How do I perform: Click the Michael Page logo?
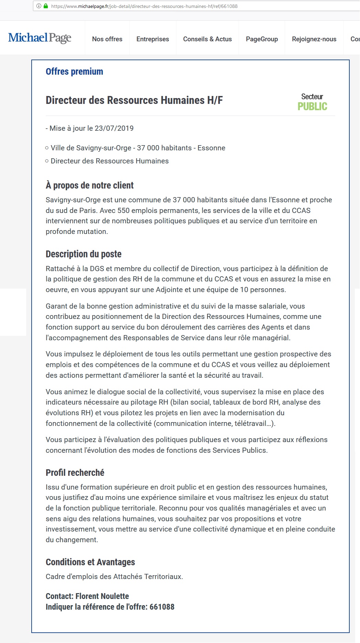point(40,38)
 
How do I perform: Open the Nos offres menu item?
point(107,39)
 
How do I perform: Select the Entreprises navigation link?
point(153,39)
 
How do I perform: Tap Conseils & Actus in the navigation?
point(207,39)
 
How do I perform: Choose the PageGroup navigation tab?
point(262,39)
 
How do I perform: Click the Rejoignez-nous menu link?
point(314,39)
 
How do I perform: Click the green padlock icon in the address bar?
point(46,6)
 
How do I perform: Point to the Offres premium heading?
point(74,72)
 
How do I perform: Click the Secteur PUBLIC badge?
point(312,102)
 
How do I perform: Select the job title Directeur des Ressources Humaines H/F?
point(134,100)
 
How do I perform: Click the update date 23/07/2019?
point(114,128)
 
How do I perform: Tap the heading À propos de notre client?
point(89,185)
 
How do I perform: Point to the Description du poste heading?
point(84,254)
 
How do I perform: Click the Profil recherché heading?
point(75,473)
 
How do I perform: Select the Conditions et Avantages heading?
point(90,562)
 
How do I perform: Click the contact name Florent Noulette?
point(102,596)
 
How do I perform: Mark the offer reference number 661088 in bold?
point(162,607)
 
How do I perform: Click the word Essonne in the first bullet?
point(211,148)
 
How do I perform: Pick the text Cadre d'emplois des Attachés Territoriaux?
point(114,577)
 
